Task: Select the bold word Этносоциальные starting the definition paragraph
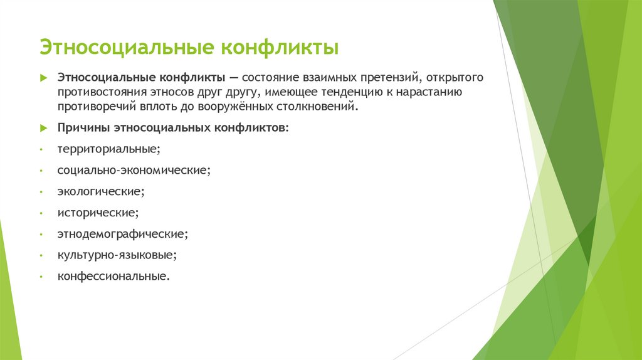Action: [x=102, y=77]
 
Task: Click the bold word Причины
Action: [x=84, y=127]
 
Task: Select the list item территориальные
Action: [x=108, y=149]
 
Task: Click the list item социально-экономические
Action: [x=134, y=170]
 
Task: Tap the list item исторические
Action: [x=97, y=213]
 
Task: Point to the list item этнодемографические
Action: [x=123, y=234]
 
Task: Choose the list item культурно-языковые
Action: [x=117, y=255]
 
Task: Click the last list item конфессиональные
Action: [x=113, y=276]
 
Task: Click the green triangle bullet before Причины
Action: [x=43, y=127]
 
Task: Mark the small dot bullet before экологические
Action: [x=40, y=192]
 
